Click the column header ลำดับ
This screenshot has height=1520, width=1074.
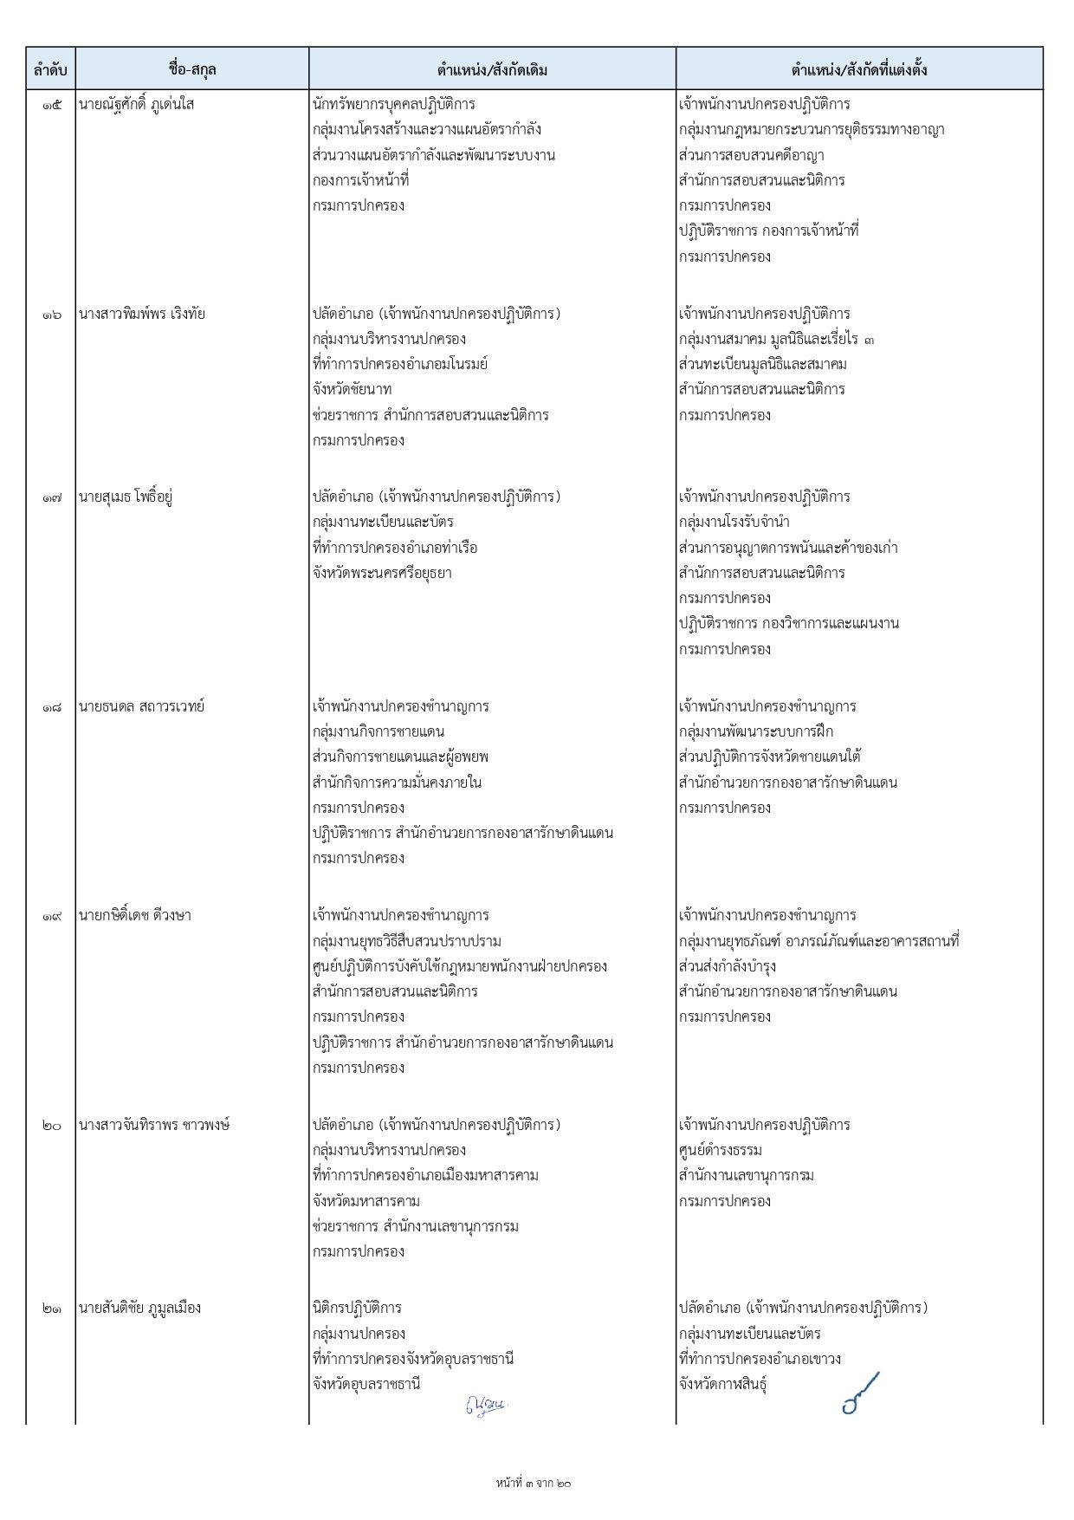[x=50, y=69]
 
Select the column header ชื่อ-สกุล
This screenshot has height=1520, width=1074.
[x=192, y=69]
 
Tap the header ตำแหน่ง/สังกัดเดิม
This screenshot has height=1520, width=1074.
[x=492, y=69]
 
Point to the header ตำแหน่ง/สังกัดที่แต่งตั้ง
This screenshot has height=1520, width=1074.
[x=858, y=69]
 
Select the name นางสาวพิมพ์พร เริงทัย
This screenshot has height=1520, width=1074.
[x=141, y=314]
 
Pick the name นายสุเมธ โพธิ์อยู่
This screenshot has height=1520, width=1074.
[x=126, y=497]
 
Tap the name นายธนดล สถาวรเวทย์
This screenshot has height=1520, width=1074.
[x=141, y=706]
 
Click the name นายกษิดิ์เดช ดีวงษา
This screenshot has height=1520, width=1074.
[x=134, y=915]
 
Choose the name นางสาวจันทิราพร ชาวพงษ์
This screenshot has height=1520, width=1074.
[x=153, y=1125]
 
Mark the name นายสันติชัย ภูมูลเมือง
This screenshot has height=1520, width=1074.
[x=139, y=1308]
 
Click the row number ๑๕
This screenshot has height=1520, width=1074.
[x=51, y=105]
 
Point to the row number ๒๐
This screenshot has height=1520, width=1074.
[x=51, y=1125]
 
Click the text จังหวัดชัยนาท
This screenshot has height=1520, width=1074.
[x=352, y=389]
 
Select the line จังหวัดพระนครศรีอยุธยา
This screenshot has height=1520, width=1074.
[x=382, y=573]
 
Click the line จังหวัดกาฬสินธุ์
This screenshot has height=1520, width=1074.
[x=722, y=1384]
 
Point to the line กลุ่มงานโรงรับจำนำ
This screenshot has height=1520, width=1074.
[x=734, y=522]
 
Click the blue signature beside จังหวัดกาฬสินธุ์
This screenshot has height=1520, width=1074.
[x=860, y=1393]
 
